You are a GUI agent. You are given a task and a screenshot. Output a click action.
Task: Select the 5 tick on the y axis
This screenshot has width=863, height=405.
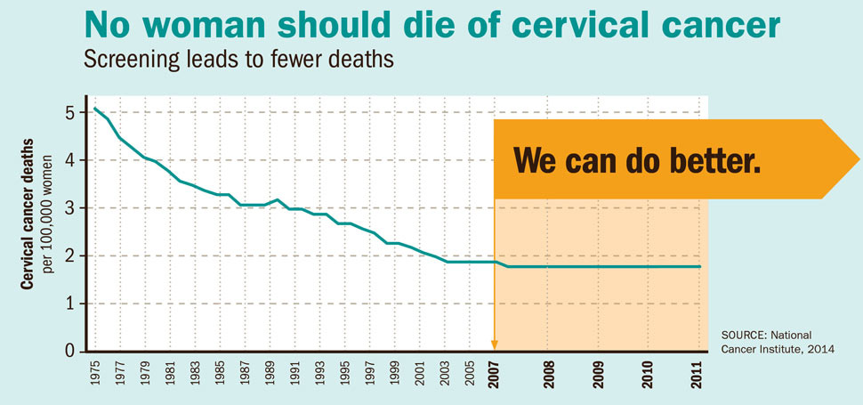tap(71, 113)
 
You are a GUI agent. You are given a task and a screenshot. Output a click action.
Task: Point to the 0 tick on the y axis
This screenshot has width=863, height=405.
tap(71, 351)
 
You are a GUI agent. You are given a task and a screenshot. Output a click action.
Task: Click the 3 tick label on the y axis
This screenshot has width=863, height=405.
tap(71, 208)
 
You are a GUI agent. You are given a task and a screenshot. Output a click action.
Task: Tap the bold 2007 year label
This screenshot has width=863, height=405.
tap(495, 374)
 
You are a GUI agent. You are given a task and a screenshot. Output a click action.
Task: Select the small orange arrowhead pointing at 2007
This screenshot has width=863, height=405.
tap(495, 344)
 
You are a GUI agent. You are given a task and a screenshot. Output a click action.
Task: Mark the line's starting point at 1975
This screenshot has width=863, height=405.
tap(95, 109)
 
